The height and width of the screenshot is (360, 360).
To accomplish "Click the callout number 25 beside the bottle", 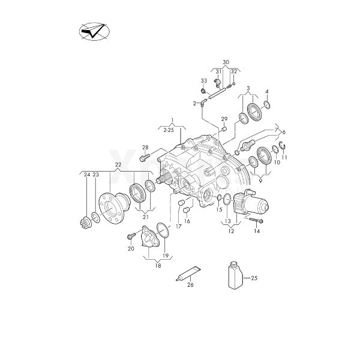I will (254, 278).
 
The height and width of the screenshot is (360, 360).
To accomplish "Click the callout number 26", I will (191, 285).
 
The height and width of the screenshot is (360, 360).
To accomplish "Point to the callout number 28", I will (145, 147).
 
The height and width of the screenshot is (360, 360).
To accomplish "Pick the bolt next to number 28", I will (145, 158).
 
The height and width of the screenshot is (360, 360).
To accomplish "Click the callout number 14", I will (257, 231).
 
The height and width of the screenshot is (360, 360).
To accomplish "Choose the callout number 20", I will (130, 248).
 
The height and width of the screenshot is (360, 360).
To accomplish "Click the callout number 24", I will (87, 175).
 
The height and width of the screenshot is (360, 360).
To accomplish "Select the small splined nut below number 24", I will (84, 223).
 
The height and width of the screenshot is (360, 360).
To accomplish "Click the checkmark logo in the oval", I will (94, 31).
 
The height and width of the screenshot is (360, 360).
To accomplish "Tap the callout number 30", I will (226, 63).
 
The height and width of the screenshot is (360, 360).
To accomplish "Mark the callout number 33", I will (204, 81).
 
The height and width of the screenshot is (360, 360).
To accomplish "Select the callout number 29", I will (224, 119).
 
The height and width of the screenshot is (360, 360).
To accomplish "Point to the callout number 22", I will (118, 164).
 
